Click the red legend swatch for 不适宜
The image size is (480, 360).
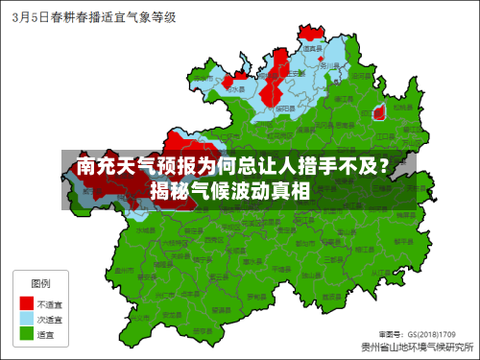(27, 303)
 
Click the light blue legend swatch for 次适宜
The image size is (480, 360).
(27, 319)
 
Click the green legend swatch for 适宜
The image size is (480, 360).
(27, 334)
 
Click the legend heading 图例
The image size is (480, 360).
(41, 284)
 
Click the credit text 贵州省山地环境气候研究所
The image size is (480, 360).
(418, 347)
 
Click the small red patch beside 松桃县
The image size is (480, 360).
(379, 112)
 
